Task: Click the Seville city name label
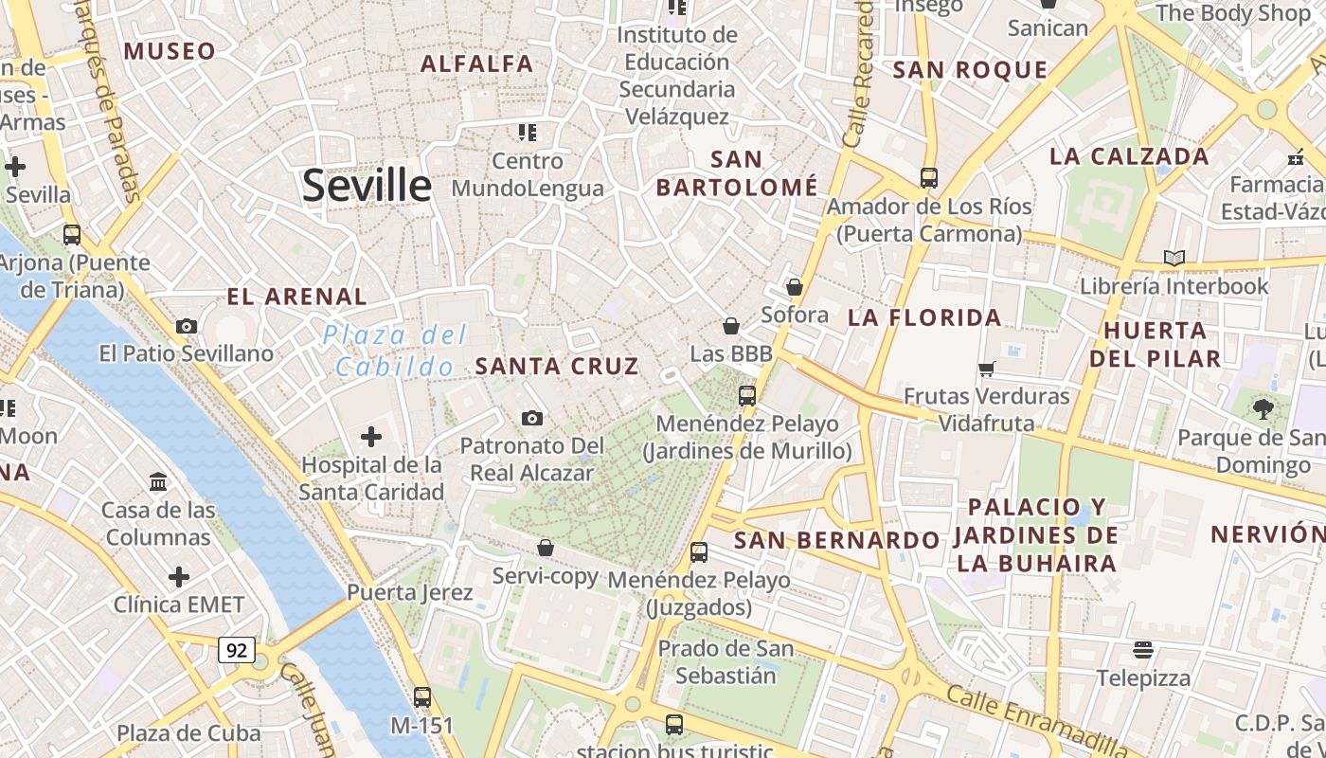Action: click(367, 186)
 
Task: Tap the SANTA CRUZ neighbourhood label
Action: click(557, 366)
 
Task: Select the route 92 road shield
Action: click(237, 650)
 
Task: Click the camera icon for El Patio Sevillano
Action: click(187, 327)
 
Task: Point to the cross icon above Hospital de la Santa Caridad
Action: click(371, 437)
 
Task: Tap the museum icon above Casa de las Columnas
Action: click(158, 482)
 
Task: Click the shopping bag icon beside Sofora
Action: click(795, 287)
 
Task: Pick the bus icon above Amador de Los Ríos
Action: click(928, 178)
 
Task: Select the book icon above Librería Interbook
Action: click(1174, 258)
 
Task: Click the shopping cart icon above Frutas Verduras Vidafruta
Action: click(987, 369)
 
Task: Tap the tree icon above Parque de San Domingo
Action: click(1262, 409)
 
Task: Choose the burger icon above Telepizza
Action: click(1143, 650)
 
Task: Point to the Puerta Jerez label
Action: click(409, 593)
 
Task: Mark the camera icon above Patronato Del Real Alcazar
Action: click(532, 418)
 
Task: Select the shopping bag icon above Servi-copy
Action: click(546, 548)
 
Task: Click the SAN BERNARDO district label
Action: click(837, 540)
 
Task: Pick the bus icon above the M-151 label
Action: click(422, 697)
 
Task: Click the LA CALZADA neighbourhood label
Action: click(1129, 156)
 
